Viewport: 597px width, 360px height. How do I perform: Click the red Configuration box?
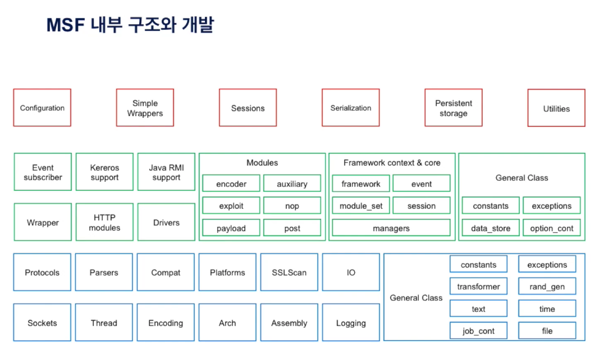[x=42, y=108]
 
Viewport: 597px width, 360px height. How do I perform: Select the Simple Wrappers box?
[x=145, y=108]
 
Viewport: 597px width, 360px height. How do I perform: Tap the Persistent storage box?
[x=453, y=108]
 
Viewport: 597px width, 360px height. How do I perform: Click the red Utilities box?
[x=556, y=108]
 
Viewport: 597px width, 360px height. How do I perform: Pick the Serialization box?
[x=351, y=108]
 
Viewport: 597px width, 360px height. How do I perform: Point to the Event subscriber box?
[x=43, y=172]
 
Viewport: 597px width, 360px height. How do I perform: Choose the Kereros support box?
[x=105, y=172]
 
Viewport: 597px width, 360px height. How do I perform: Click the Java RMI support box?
[x=166, y=172]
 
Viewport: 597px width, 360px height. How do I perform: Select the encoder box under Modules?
[x=231, y=183]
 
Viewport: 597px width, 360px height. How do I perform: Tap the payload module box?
[x=231, y=228]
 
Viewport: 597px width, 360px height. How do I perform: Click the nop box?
[x=292, y=206]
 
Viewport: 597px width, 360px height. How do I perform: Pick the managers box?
[x=391, y=228]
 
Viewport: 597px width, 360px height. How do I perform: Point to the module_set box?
[x=361, y=206]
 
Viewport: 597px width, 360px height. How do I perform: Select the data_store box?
[x=491, y=228]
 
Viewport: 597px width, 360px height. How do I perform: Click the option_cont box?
[x=552, y=228]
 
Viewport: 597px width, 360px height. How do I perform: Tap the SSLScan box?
[x=289, y=272]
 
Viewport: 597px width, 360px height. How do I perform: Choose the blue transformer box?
[x=478, y=286]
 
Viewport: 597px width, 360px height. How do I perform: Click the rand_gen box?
[x=547, y=286]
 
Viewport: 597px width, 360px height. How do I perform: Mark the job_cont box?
[x=478, y=331]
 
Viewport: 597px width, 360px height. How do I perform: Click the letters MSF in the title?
[x=66, y=25]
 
